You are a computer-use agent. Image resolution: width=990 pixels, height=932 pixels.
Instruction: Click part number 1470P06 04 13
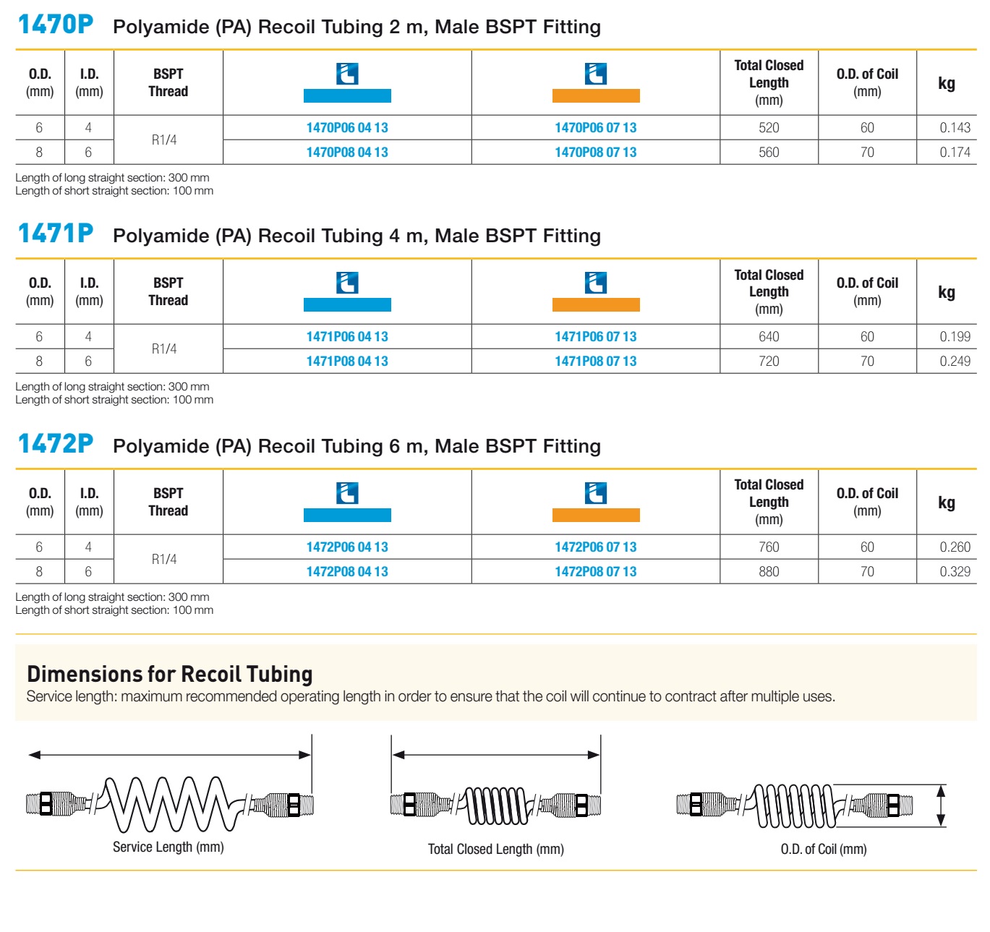click(x=346, y=128)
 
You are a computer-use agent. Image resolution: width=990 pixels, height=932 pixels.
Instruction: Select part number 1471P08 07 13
click(x=595, y=361)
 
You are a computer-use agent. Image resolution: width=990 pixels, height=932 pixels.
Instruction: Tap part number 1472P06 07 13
click(x=595, y=547)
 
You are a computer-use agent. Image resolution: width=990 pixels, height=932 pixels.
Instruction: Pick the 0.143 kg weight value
click(x=954, y=128)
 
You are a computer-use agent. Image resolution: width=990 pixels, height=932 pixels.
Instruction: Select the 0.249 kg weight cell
click(x=954, y=361)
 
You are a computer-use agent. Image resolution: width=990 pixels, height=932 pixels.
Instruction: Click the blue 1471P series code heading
click(x=56, y=234)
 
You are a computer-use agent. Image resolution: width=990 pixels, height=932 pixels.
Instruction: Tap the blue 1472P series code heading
click(x=56, y=444)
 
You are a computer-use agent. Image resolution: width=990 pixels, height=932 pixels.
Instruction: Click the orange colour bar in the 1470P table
click(x=595, y=95)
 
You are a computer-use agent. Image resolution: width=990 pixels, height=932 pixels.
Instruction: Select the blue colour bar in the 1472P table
click(x=347, y=515)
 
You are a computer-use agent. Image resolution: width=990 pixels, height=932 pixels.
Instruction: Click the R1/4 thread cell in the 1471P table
click(x=164, y=349)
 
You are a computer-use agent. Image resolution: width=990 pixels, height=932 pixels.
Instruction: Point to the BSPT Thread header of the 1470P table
click(x=168, y=82)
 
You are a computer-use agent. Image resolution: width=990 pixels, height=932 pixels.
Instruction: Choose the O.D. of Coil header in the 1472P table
click(x=867, y=502)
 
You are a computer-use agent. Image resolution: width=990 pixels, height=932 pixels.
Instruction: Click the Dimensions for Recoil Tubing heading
click(x=169, y=674)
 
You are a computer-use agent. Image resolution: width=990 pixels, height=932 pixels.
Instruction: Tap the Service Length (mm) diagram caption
click(x=168, y=847)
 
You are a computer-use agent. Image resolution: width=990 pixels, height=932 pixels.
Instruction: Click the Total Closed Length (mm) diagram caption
click(x=495, y=849)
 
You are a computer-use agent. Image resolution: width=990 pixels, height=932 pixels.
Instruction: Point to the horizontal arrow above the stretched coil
click(x=169, y=754)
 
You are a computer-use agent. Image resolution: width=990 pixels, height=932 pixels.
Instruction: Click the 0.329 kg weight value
click(x=954, y=571)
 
